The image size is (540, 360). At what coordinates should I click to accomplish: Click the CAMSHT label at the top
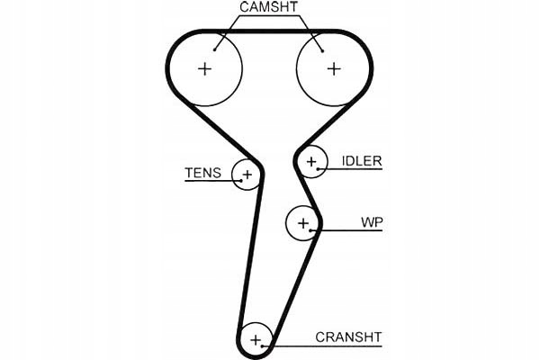point(268,7)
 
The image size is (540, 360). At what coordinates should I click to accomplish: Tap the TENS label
point(202,173)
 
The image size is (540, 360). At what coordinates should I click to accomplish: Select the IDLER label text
point(362,161)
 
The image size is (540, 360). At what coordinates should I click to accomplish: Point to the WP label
point(372,222)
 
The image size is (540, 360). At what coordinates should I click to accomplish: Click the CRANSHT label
point(348,337)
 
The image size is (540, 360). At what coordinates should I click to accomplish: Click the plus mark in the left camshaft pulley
point(205,69)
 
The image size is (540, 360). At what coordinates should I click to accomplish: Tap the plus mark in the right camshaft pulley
point(334,69)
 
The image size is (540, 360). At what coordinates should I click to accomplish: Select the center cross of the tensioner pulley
point(247,175)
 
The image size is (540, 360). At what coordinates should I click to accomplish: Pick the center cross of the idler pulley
point(311,162)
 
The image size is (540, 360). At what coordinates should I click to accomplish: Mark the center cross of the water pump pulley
point(303,223)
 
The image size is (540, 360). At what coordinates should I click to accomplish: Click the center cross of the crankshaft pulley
point(256,340)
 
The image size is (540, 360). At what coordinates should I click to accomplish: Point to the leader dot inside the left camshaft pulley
point(214,50)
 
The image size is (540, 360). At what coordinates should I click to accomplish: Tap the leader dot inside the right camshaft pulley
point(323,51)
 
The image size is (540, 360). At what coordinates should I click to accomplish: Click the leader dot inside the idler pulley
point(318,169)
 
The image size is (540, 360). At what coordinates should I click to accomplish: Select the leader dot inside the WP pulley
point(310,230)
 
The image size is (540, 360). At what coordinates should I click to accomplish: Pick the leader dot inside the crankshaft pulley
point(263,346)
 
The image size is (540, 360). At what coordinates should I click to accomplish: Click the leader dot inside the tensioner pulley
point(241,181)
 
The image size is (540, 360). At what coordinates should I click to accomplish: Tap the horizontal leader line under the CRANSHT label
point(322,346)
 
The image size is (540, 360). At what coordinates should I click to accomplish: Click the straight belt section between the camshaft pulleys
point(269,31)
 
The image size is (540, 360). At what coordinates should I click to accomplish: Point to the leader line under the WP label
point(346,230)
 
